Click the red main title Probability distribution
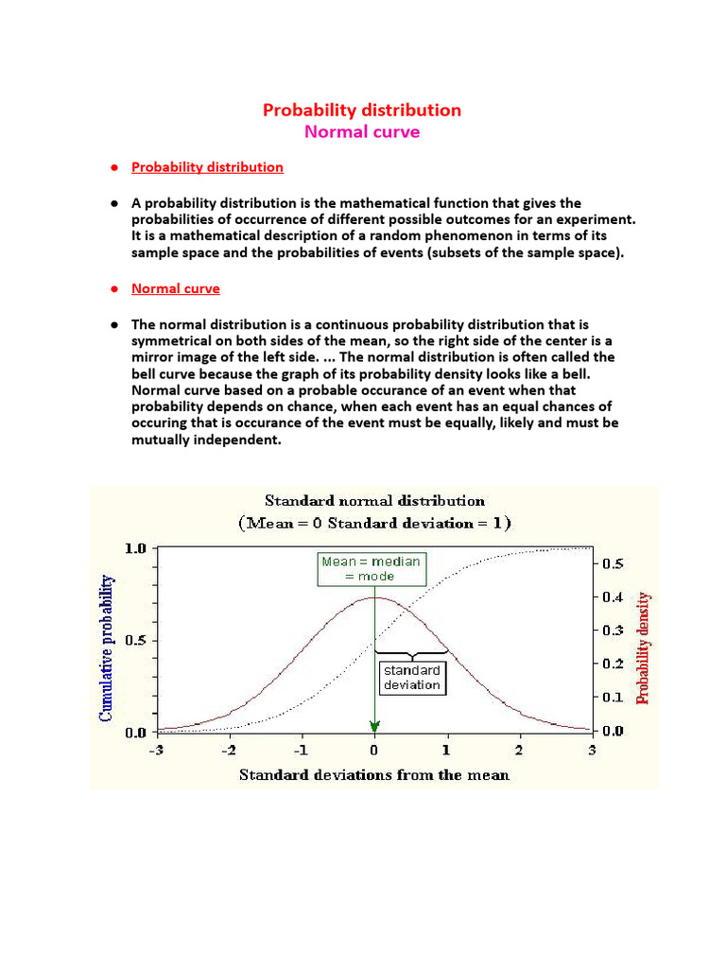point(362,110)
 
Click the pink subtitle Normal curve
point(362,132)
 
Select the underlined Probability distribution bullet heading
point(207,167)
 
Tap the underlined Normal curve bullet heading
point(175,288)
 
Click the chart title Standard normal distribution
point(374,501)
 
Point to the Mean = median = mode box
point(370,568)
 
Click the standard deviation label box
point(412,678)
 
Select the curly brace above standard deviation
point(410,652)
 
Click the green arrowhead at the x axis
point(374,726)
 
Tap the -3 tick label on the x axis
point(157,751)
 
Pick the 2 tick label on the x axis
point(519,751)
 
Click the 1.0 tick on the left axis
point(135,548)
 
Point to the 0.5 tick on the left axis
point(135,641)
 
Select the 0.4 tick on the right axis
point(614,597)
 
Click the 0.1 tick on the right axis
point(614,698)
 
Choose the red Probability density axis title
point(643,648)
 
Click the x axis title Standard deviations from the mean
point(374,775)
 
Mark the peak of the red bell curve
point(374,597)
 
